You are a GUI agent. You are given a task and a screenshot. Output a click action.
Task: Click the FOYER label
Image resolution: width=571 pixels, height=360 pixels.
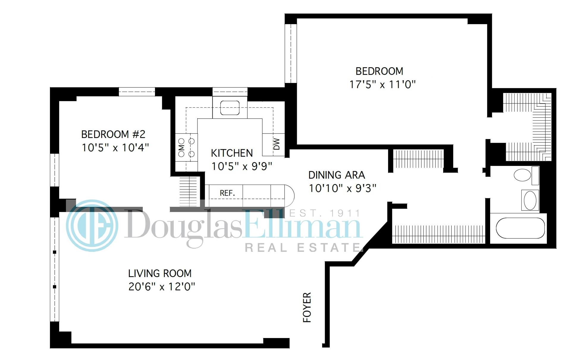point(307,307)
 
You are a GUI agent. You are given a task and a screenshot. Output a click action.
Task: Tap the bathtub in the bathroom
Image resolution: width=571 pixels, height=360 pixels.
point(520,228)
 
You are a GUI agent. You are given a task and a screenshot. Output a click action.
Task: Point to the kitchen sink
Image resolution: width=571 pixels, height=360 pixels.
point(230,108)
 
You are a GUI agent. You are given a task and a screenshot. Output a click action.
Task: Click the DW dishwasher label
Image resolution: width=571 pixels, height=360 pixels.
point(277,144)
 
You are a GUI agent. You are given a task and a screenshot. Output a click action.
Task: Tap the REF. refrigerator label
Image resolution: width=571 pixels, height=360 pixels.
point(227,193)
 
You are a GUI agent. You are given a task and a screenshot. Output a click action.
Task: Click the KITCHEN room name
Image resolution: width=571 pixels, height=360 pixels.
point(232,153)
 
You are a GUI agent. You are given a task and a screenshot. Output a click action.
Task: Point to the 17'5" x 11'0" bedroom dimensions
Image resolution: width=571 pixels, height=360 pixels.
point(382,84)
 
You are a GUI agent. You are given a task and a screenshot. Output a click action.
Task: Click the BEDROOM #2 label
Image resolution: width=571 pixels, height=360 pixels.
point(113,134)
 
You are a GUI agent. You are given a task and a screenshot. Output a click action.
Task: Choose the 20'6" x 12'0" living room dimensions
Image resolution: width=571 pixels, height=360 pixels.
point(161,287)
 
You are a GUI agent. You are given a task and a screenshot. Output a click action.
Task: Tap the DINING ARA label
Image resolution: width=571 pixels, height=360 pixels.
point(336,175)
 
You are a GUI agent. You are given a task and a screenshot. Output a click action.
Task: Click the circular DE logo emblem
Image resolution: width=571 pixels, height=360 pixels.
point(92,225)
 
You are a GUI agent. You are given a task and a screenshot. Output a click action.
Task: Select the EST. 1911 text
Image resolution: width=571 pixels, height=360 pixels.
point(324,213)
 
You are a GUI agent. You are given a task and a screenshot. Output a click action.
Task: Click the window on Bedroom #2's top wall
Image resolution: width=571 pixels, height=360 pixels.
point(137,92)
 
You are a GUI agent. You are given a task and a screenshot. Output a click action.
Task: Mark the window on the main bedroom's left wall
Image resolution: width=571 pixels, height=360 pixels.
point(291,54)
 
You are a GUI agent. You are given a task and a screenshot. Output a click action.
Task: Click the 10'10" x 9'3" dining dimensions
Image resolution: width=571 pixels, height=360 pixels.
point(342,188)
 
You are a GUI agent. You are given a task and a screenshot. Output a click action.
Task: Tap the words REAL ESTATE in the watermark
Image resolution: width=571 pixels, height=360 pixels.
point(302,247)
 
